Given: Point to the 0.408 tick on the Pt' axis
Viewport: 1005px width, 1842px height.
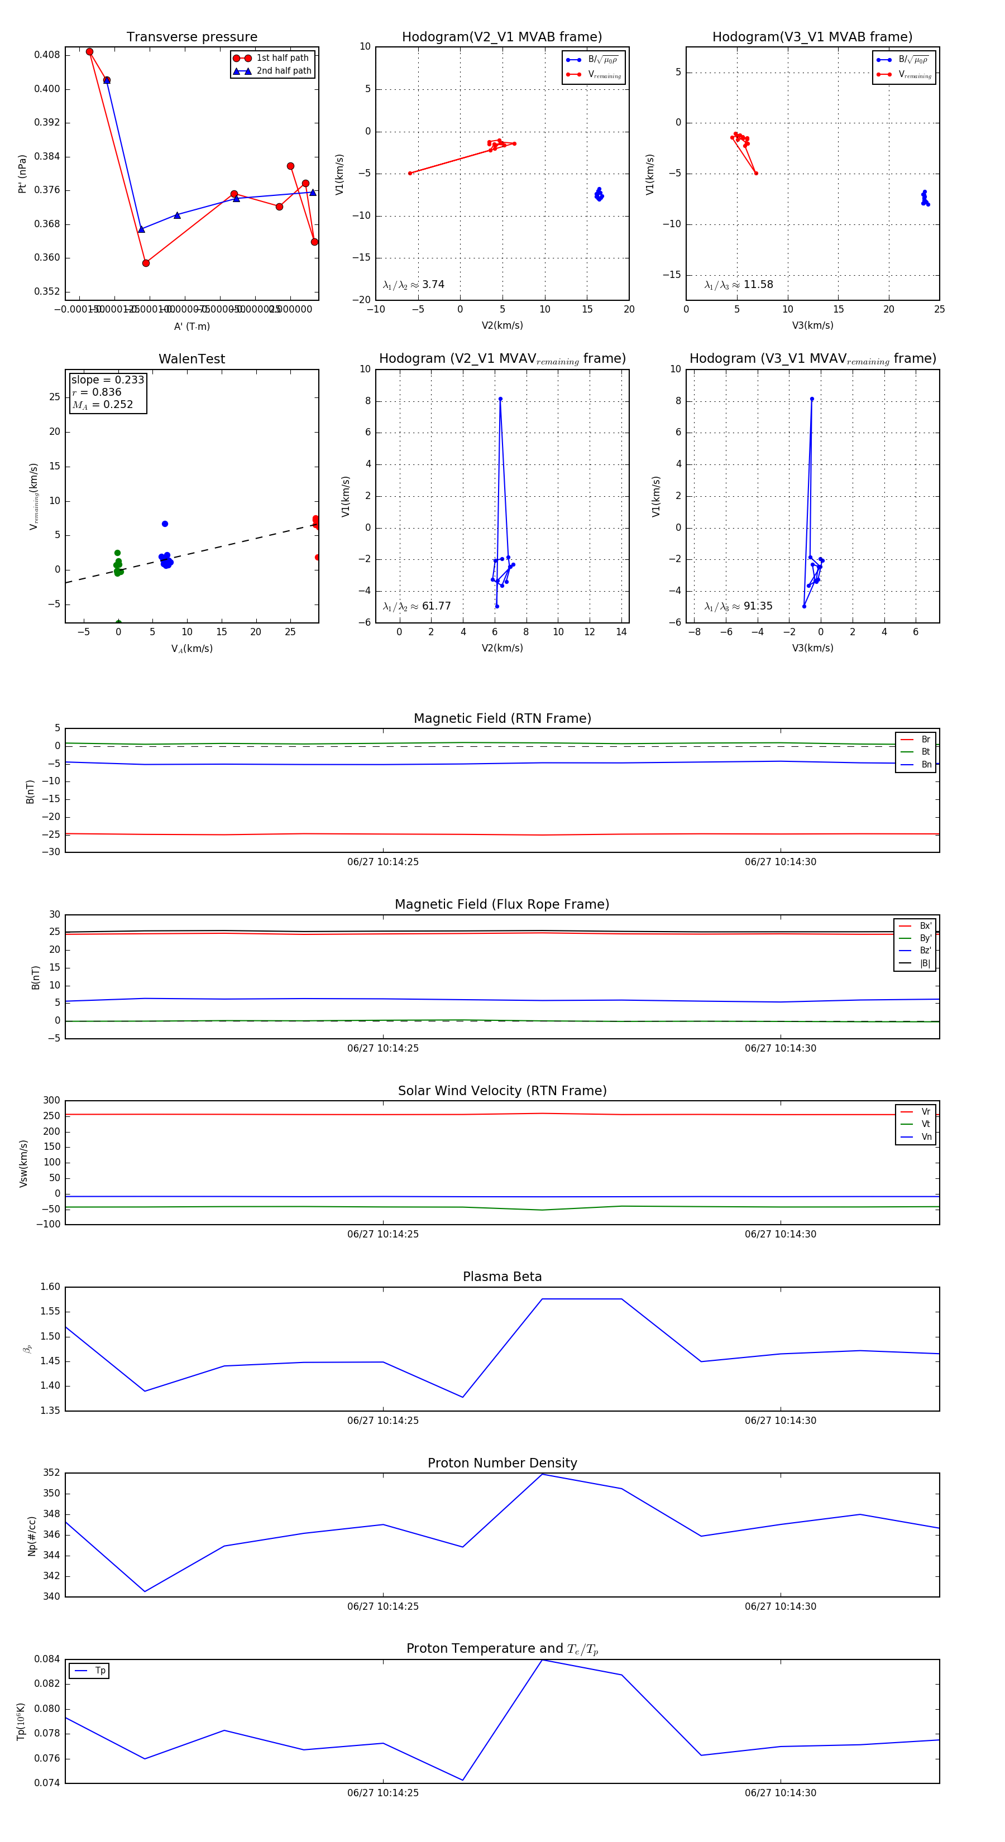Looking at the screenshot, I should pyautogui.click(x=47, y=55).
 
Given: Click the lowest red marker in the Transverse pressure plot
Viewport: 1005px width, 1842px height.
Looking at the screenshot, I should pyautogui.click(x=146, y=263).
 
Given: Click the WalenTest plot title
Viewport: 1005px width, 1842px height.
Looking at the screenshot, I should pyautogui.click(x=192, y=359).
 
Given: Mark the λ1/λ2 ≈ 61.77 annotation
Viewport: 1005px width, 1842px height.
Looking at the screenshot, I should pyautogui.click(x=417, y=606).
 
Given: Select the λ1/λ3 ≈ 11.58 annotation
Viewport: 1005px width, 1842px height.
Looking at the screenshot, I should pyautogui.click(x=738, y=285).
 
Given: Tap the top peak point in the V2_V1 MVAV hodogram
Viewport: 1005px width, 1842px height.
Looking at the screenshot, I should pyautogui.click(x=500, y=399).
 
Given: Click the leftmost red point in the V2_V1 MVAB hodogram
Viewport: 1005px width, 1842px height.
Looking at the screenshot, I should pyautogui.click(x=410, y=173).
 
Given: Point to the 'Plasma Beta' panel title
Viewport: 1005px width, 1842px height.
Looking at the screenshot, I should pyautogui.click(x=502, y=1277).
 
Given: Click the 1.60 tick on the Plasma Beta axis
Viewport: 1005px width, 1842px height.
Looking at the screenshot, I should pyautogui.click(x=50, y=1287).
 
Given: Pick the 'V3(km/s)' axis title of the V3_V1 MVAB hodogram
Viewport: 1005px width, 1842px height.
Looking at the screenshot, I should pyautogui.click(x=812, y=325).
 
